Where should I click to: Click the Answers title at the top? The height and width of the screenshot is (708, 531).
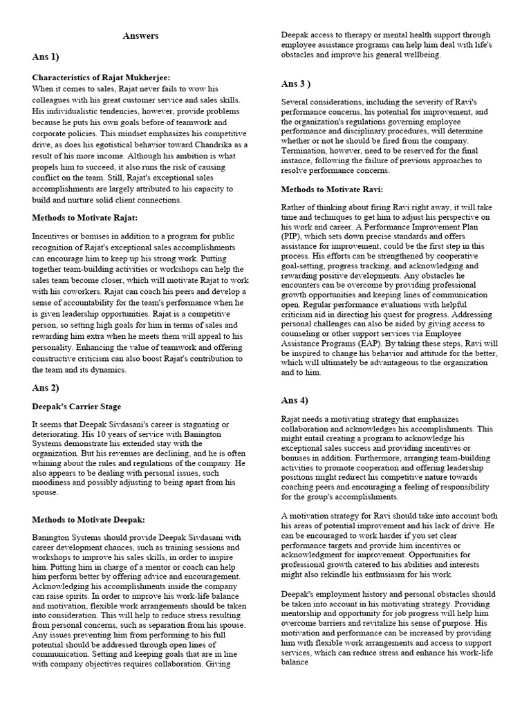(141, 35)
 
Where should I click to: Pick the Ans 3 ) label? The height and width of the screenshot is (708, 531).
(296, 84)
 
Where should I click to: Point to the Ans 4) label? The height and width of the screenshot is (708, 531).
(295, 400)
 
